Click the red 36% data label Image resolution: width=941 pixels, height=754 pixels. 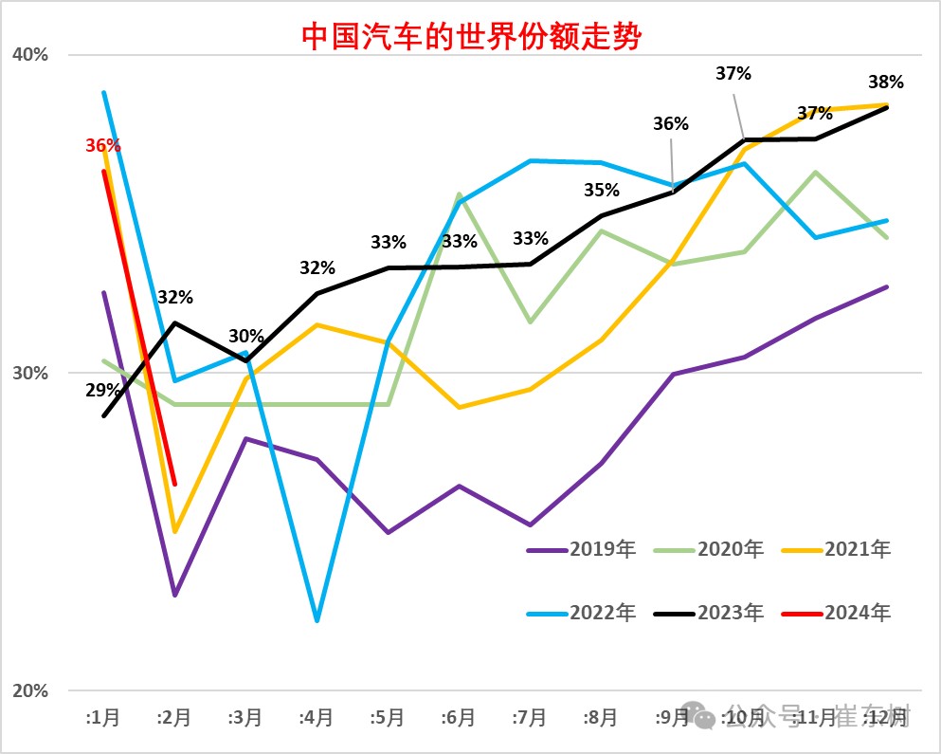[x=102, y=146]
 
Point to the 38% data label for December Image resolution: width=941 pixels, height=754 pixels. [x=886, y=83]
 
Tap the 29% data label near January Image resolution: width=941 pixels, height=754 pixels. [x=102, y=390]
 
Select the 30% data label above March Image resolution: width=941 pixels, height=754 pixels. [x=246, y=337]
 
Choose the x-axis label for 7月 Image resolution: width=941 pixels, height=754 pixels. [x=530, y=718]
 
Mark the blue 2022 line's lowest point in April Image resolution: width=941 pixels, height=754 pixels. [x=317, y=621]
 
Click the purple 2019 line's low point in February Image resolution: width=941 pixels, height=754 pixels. [x=175, y=596]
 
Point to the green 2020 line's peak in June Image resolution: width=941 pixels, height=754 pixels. [x=460, y=194]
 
